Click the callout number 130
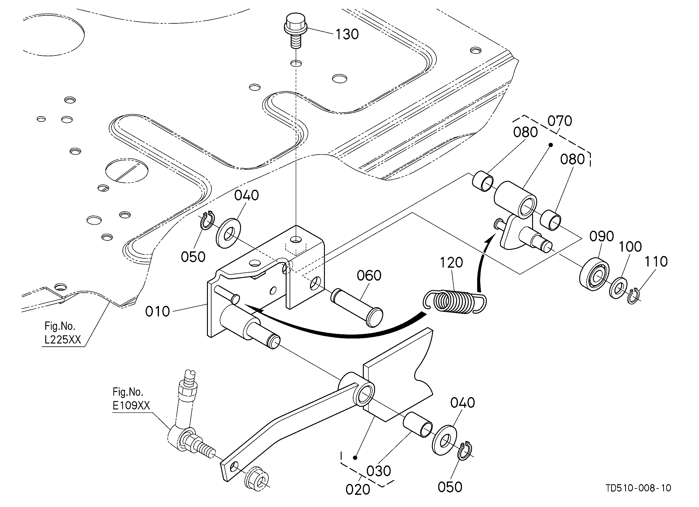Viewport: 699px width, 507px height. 347,35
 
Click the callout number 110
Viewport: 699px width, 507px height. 656,262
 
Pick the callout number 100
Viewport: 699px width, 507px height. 630,247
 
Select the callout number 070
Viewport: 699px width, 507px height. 560,121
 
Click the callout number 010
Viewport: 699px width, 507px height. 157,311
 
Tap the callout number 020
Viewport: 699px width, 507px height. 358,490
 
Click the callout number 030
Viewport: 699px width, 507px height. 379,471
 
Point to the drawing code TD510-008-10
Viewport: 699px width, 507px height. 638,488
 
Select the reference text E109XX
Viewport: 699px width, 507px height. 131,405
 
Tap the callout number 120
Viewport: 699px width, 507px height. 452,263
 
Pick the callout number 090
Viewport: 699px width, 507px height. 602,236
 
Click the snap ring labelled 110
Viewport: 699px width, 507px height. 633,296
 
